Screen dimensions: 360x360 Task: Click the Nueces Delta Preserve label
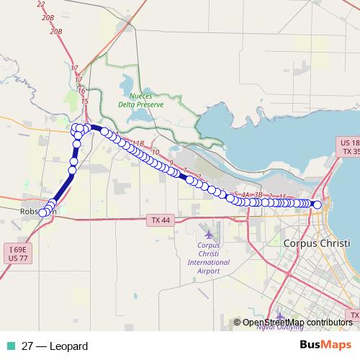[x=147, y=99]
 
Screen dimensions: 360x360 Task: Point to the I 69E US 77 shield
[x=16, y=253]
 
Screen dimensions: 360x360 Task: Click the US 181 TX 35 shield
[x=350, y=148]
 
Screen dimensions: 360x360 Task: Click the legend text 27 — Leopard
[x=55, y=346]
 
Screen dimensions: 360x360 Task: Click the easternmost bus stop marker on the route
[x=318, y=204]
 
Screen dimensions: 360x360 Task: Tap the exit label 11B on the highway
[x=139, y=143]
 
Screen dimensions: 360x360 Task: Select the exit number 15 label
[x=84, y=102]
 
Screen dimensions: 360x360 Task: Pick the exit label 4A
[x=246, y=195]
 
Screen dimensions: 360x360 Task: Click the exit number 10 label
[x=156, y=153]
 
